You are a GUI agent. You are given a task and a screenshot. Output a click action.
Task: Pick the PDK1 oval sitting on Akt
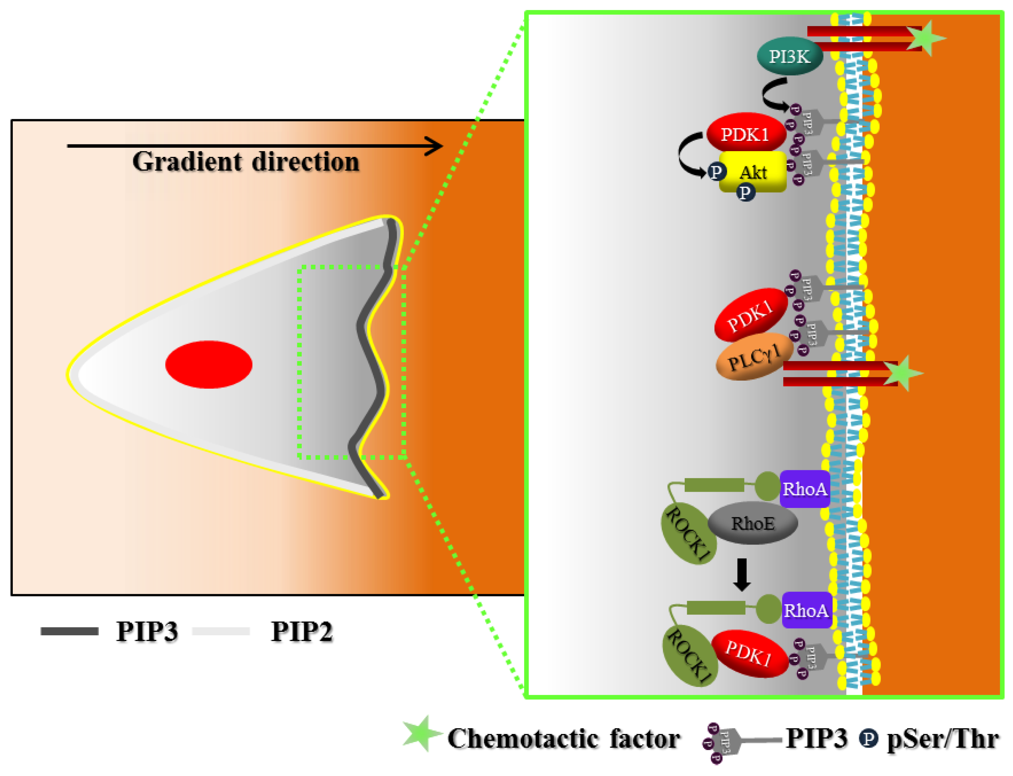pyautogui.click(x=746, y=134)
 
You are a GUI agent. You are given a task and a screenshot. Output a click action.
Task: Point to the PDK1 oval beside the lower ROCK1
pyautogui.click(x=749, y=654)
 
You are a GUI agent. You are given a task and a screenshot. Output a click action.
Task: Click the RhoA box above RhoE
pyautogui.click(x=805, y=489)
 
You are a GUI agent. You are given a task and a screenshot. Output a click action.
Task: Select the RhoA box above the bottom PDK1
pyautogui.click(x=806, y=610)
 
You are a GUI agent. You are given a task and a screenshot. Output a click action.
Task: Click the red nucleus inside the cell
pyautogui.click(x=209, y=364)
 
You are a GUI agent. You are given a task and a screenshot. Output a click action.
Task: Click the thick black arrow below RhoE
pyautogui.click(x=742, y=574)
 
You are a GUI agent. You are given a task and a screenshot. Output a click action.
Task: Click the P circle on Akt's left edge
pyautogui.click(x=716, y=172)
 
